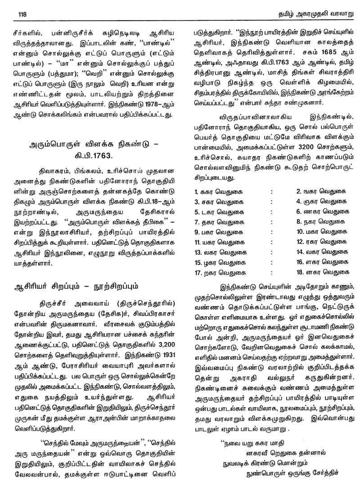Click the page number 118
point(21,14)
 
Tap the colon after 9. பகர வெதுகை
point(272,232)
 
